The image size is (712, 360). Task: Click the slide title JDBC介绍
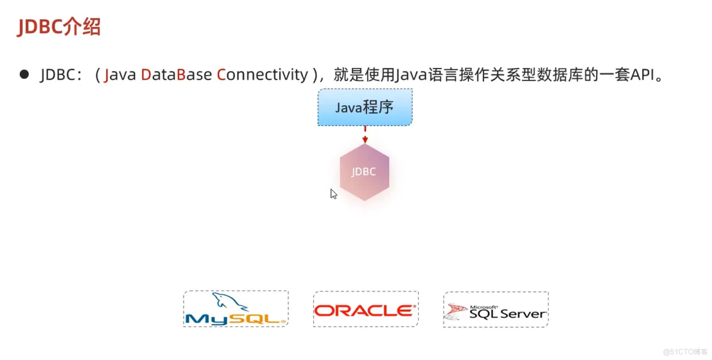coord(58,27)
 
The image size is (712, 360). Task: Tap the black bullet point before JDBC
coord(24,74)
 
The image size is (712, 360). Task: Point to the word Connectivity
coord(262,75)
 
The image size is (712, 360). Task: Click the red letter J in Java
coord(106,75)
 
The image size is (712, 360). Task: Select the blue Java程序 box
coord(364,108)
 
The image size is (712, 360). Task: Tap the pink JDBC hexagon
coord(364,172)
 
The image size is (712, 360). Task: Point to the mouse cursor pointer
coord(333,194)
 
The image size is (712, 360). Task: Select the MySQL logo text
coord(235,317)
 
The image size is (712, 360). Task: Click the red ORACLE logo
coord(365,310)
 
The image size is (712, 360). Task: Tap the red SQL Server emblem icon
coord(455,311)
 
